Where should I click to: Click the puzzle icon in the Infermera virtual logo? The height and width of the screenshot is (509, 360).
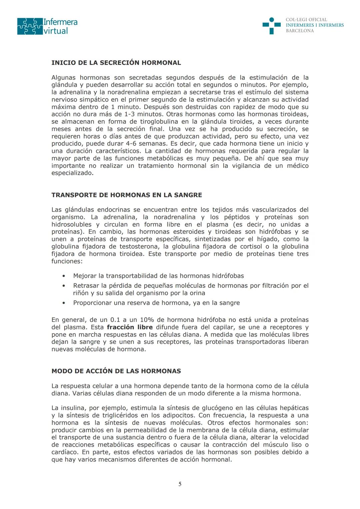click(30, 26)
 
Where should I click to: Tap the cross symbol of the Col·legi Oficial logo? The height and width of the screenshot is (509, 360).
click(271, 26)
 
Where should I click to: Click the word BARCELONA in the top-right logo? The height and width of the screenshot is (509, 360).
click(300, 31)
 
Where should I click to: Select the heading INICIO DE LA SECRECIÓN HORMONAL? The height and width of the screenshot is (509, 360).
click(116, 63)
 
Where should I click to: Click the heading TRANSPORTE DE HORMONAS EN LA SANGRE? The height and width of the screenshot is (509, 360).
click(127, 195)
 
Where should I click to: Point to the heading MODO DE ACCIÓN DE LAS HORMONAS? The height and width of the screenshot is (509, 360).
click(116, 371)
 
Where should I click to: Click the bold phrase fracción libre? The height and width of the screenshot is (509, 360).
click(130, 327)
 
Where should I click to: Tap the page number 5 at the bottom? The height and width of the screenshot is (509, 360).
click(180, 484)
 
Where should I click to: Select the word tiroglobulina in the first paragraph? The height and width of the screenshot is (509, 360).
click(159, 122)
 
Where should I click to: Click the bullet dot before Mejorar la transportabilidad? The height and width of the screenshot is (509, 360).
click(63, 276)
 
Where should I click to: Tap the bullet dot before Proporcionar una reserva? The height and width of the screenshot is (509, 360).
click(63, 303)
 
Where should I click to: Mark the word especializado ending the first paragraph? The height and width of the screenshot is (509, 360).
click(72, 173)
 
